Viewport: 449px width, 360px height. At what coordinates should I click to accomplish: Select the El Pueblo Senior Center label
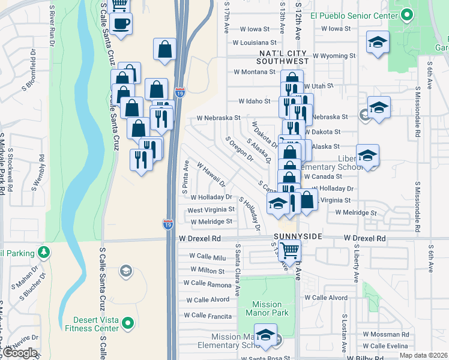click(x=354, y=16)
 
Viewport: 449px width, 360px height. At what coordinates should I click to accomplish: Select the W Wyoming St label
click(x=328, y=56)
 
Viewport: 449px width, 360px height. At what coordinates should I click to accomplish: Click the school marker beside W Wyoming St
click(x=378, y=43)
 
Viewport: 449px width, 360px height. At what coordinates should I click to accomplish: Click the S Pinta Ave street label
click(x=185, y=176)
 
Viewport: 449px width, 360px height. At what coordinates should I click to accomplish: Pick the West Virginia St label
click(x=211, y=210)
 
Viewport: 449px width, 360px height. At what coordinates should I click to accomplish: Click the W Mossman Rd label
click(x=385, y=334)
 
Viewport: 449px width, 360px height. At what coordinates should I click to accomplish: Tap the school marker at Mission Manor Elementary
click(x=264, y=336)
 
